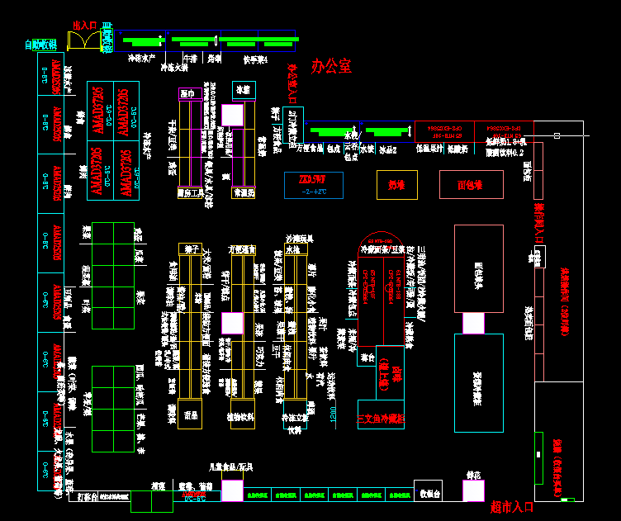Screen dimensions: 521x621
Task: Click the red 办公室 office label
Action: [x=331, y=67]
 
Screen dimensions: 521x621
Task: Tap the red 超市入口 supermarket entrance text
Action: [x=512, y=506]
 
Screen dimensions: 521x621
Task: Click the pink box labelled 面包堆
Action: [x=469, y=185]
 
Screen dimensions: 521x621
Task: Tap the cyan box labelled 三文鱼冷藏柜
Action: [x=381, y=419]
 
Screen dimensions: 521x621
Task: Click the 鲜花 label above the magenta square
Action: [x=473, y=475]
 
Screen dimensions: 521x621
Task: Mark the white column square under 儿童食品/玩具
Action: [x=232, y=490]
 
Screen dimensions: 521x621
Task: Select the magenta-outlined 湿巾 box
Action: [x=186, y=94]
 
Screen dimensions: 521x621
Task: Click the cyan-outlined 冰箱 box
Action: [x=243, y=89]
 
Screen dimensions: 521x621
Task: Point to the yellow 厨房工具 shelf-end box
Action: [x=191, y=193]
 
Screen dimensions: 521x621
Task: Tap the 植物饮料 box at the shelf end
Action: [x=241, y=418]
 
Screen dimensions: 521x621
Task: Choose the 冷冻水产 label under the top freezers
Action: [x=140, y=59]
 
